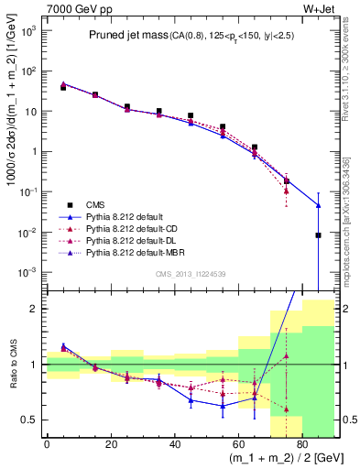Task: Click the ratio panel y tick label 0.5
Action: [28, 420]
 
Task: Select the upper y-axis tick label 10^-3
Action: [27, 273]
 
